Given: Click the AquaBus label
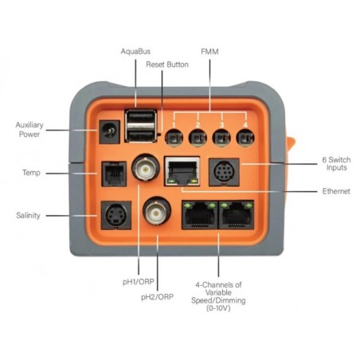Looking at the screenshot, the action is pos(135,51).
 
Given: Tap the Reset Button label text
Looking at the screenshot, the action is pos(167,65).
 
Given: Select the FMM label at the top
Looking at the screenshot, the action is pos(209,52).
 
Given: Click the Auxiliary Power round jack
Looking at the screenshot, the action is pos(109,131).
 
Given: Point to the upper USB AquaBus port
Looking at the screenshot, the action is pos(141,118).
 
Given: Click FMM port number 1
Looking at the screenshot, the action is pos(174,138).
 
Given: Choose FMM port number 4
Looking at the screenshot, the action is pos(245,138).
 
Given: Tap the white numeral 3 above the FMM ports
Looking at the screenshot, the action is pos(221,125).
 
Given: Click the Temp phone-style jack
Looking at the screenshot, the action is pos(114,174).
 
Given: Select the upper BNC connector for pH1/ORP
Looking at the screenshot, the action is pos(146,168).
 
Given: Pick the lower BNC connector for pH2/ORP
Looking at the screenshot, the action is pos(157,211).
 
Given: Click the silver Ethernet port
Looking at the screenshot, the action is pos(182,171).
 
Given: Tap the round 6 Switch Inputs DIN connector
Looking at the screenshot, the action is pos(224,172).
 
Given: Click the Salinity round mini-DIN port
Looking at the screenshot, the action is pos(116,215).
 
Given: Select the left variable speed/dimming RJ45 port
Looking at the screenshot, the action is pos(200,214).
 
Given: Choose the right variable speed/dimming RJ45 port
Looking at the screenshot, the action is pos(236,214).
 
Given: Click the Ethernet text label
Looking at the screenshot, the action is pos(336,191).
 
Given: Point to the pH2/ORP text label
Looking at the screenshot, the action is pos(157,297).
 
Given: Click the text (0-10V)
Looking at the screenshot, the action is pos(218,308).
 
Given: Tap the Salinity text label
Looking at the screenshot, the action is pos(28,215).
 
